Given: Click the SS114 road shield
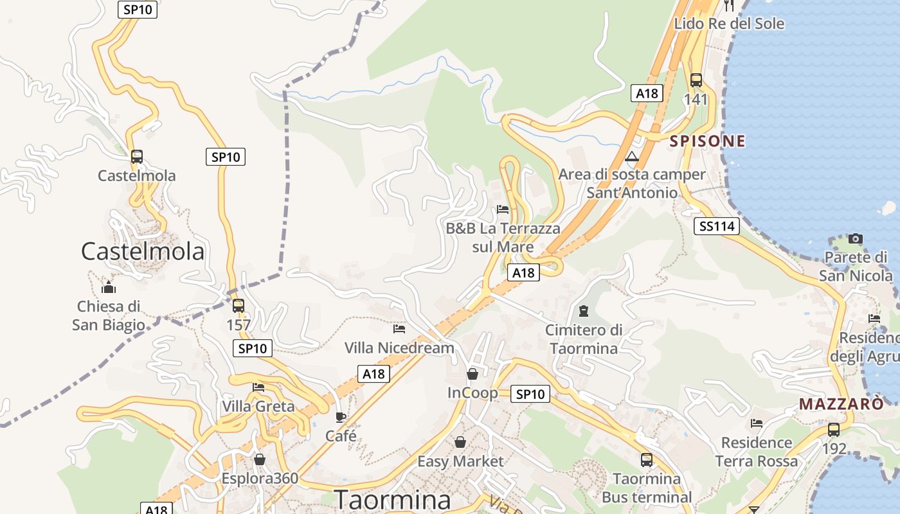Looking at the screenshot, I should [717, 226].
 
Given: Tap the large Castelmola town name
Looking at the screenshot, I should [143, 251].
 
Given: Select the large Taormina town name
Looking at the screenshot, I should [392, 499].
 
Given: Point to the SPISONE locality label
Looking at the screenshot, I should [708, 141].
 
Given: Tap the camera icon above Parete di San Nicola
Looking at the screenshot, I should [855, 239].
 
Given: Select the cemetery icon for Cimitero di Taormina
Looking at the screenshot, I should [584, 312].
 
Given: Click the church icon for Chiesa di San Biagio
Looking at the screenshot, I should [109, 287].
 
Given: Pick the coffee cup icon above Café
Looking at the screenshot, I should [341, 417].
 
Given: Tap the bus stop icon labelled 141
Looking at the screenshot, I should [696, 80].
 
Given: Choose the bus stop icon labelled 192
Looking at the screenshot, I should [834, 430].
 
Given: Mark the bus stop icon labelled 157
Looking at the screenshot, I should [239, 306].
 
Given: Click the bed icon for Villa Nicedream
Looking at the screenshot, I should [399, 329].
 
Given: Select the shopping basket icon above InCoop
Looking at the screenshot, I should [473, 374].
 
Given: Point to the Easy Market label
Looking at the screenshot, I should [460, 461].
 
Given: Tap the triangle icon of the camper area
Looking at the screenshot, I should [632, 157].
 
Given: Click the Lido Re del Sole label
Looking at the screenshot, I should [729, 24].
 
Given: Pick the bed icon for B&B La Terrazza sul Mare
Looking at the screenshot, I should [503, 209].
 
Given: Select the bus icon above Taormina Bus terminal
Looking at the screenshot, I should [647, 460].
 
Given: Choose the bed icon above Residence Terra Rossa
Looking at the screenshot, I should [757, 423].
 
